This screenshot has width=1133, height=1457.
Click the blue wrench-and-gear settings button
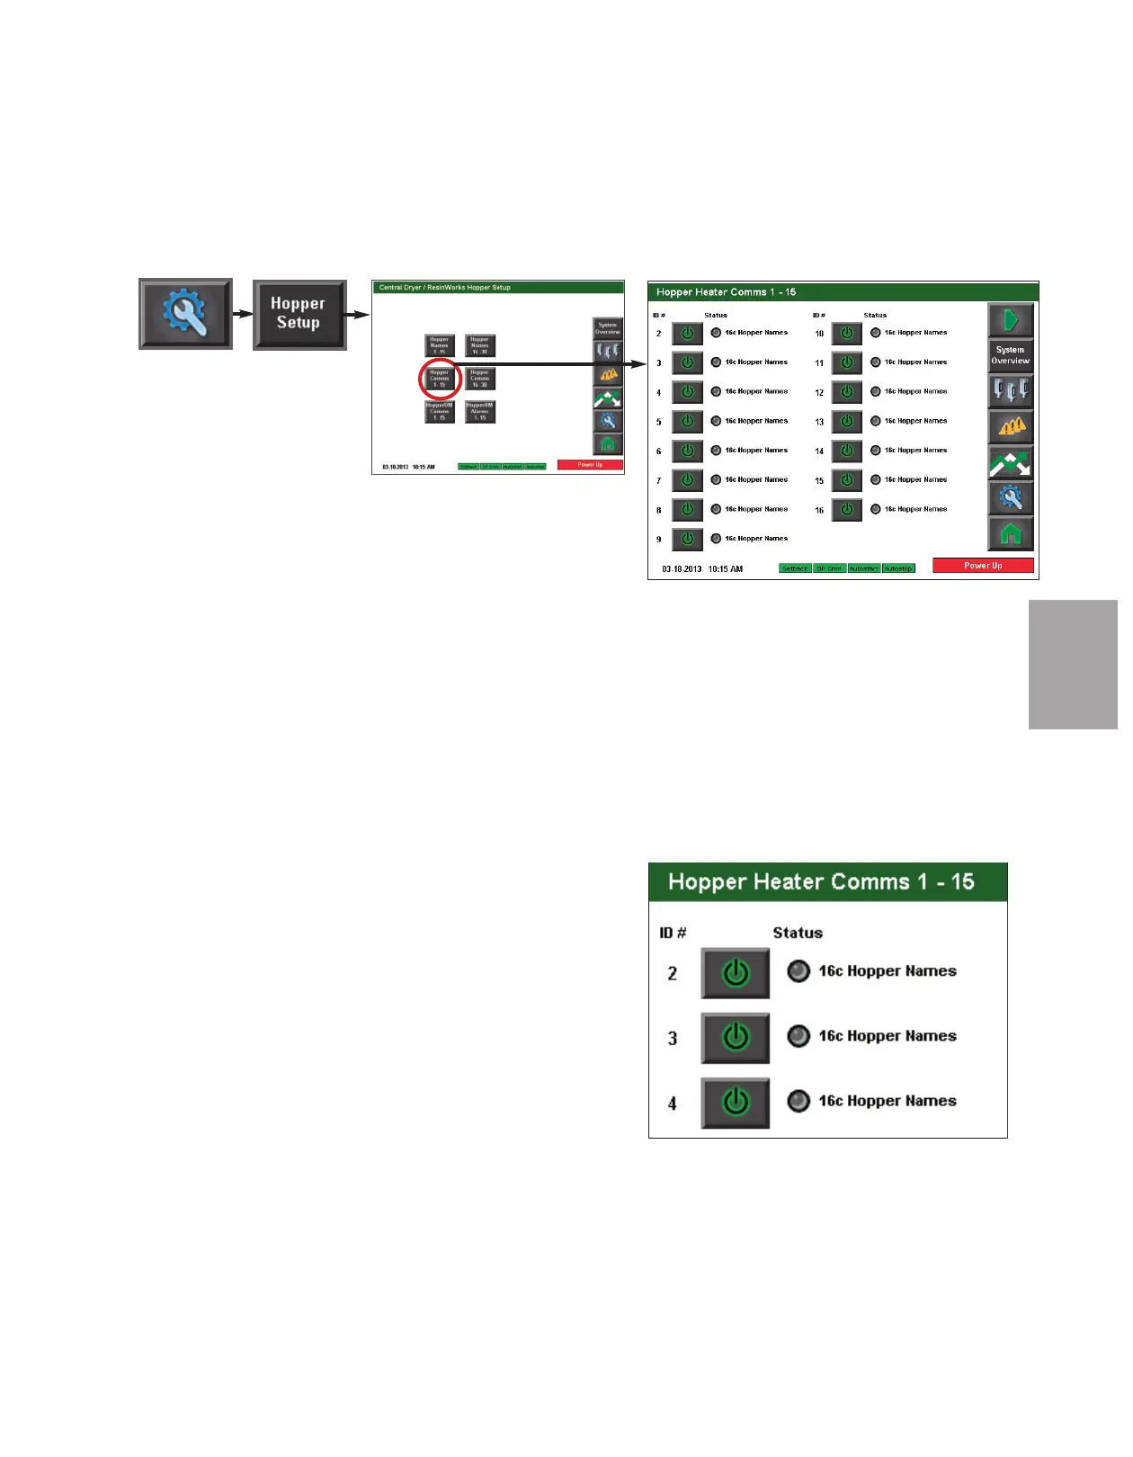pyautogui.click(x=185, y=314)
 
